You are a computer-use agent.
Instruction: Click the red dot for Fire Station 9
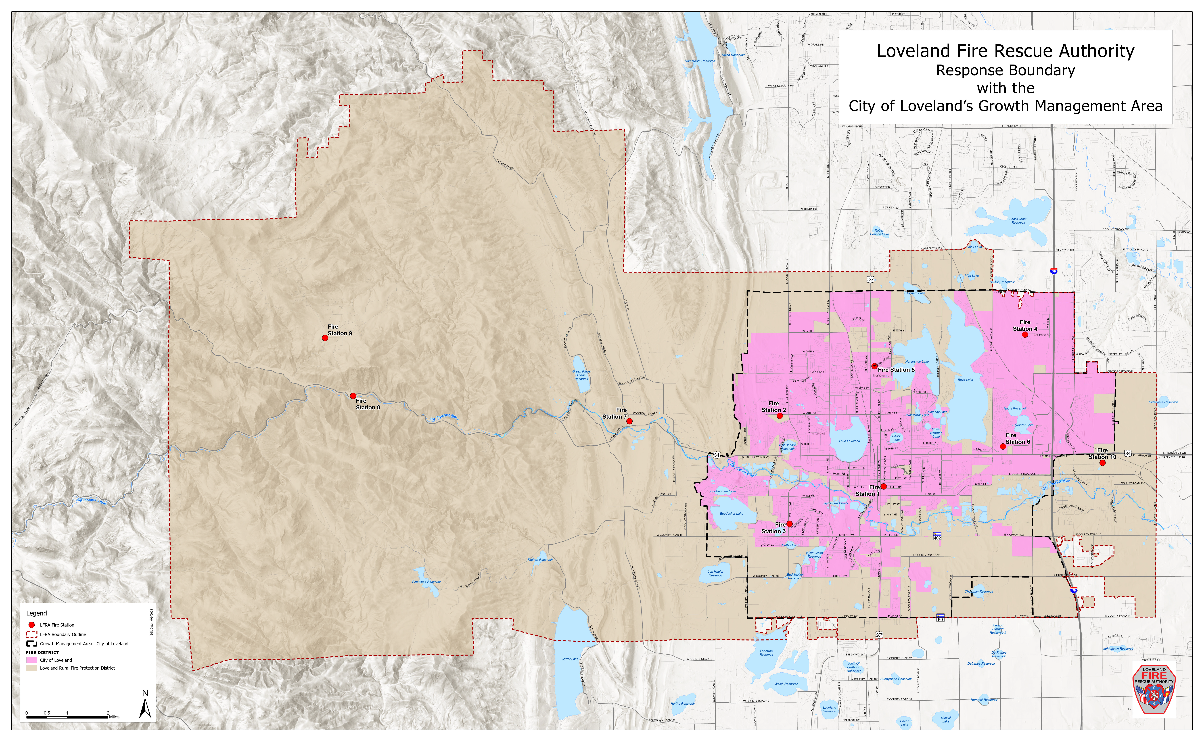[325, 338]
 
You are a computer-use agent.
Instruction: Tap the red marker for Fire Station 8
[353, 396]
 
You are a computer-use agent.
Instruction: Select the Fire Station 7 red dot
[629, 421]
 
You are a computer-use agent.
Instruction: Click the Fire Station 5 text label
[896, 370]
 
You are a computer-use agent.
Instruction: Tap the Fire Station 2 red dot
[780, 416]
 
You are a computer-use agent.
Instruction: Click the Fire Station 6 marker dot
[1003, 446]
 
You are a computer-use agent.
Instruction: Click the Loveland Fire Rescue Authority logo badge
[1154, 689]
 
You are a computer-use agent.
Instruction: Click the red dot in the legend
[31, 625]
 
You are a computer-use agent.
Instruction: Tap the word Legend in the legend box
[37, 613]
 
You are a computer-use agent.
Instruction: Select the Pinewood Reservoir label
[426, 582]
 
